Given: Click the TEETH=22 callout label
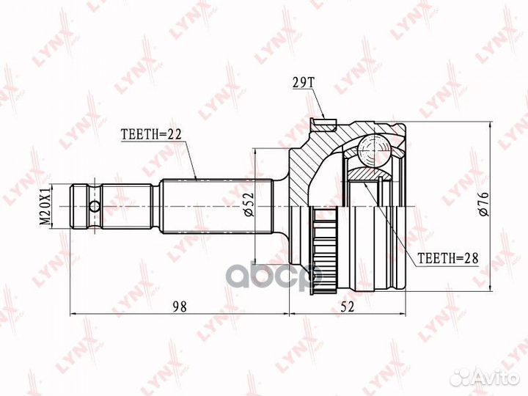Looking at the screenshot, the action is point(151,134).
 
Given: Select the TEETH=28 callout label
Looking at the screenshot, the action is point(448,258).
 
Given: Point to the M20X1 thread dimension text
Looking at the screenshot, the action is point(45,206).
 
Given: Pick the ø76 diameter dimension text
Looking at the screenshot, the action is point(483,204).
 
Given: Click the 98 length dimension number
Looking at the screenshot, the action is point(180,307).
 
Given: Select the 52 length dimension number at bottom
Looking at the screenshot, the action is point(347,307).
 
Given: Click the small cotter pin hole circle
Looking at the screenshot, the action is point(95,206).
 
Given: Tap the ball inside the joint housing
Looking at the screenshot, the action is point(373,150).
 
